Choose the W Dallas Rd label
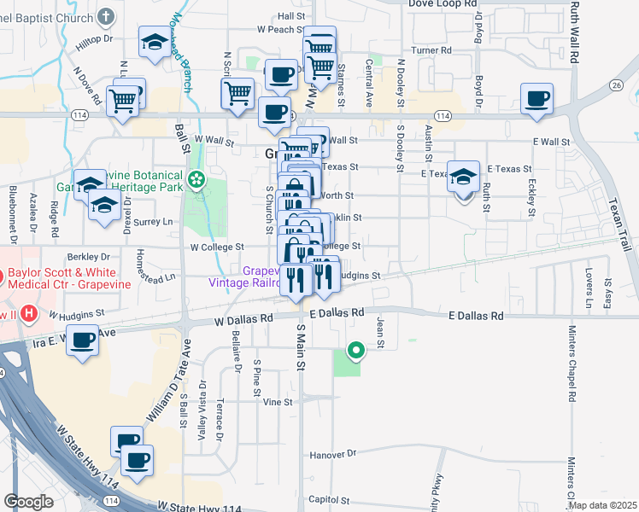click(243, 318)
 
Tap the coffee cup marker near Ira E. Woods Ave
click(83, 340)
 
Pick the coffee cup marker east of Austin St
click(536, 98)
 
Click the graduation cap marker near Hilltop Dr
click(154, 42)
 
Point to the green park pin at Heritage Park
click(197, 179)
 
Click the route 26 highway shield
click(615, 85)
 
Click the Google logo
click(28, 501)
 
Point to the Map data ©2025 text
click(601, 505)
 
